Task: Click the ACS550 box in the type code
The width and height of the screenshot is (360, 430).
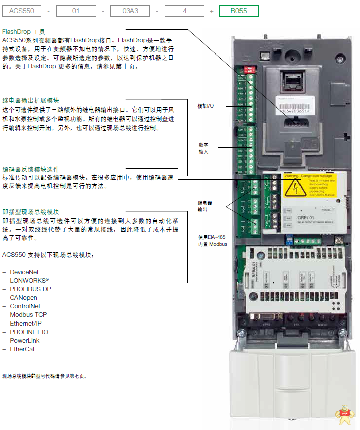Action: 22,11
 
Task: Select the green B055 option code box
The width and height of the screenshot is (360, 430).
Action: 238,11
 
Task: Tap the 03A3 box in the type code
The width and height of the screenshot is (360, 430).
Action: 130,11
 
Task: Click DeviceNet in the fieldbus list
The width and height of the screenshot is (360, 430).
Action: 24,272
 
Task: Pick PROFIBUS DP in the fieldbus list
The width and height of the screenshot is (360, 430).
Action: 30,289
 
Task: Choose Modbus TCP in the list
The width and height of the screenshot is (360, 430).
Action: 28,315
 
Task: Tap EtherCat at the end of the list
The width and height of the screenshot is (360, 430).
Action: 23,349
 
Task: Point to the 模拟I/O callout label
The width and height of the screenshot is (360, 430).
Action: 205,106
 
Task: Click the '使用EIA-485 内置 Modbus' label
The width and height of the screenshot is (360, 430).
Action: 212,240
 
